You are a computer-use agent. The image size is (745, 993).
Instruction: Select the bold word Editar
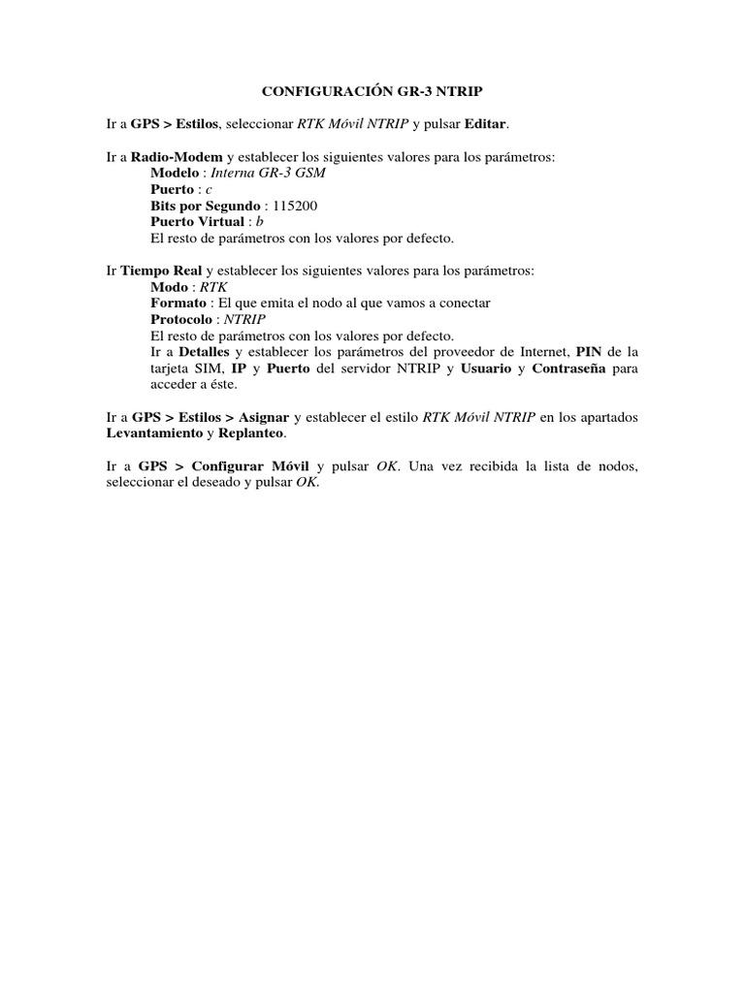click(486, 123)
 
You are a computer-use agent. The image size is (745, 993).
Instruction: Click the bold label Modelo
click(175, 173)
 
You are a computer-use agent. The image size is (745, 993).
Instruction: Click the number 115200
click(295, 206)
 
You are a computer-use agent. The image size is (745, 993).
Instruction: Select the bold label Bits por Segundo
click(206, 206)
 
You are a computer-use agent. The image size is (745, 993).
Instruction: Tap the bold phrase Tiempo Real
click(161, 271)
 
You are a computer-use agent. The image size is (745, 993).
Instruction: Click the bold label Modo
click(170, 287)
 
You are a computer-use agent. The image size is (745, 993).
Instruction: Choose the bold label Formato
click(178, 304)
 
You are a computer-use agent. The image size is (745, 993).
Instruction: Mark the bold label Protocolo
click(183, 319)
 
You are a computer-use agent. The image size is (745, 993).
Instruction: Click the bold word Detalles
click(205, 352)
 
